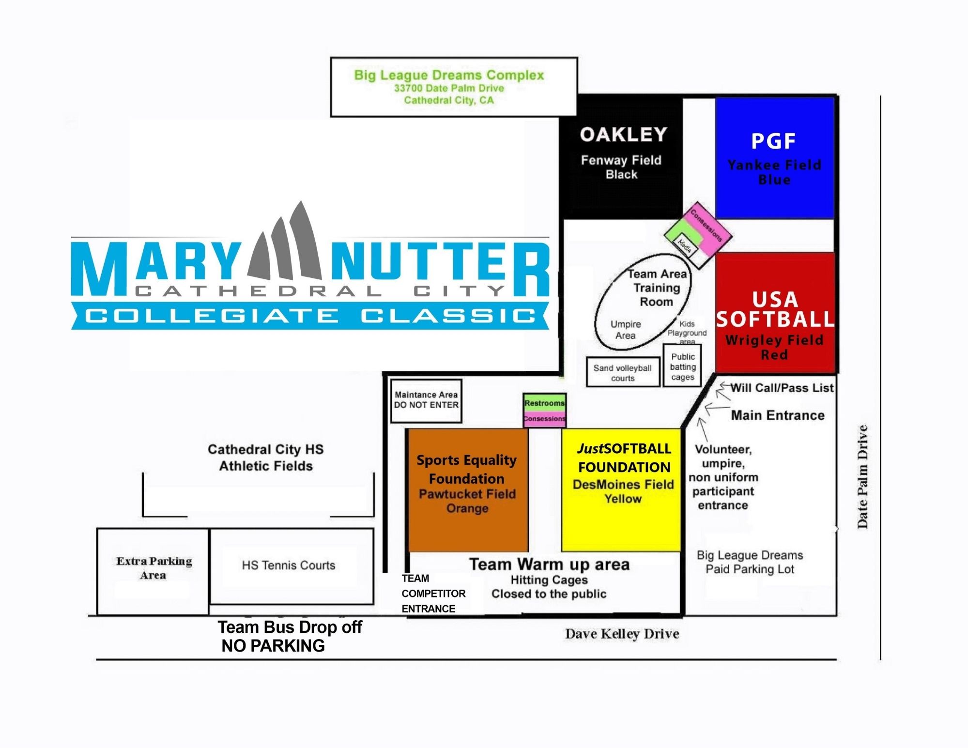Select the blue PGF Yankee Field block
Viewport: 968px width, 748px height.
tap(774, 157)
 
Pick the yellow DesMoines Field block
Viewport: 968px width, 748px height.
tap(622, 489)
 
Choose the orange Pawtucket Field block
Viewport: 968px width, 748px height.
tap(467, 489)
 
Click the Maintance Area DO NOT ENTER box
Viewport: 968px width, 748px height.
tap(426, 400)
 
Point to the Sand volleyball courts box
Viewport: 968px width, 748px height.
tap(622, 373)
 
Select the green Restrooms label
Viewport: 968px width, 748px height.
tap(544, 403)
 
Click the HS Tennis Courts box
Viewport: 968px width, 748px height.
tap(289, 565)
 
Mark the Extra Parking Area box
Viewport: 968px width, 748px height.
tap(154, 568)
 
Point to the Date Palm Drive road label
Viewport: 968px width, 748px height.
tap(862, 477)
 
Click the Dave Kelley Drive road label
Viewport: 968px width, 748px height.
tap(622, 634)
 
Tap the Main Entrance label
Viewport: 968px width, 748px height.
tap(778, 415)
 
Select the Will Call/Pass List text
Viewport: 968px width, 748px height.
tap(782, 388)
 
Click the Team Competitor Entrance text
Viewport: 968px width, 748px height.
tap(432, 594)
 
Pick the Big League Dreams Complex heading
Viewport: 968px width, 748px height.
tap(449, 76)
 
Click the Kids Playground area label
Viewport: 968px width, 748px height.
tap(687, 333)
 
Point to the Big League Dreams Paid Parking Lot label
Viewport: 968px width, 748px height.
tap(750, 562)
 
